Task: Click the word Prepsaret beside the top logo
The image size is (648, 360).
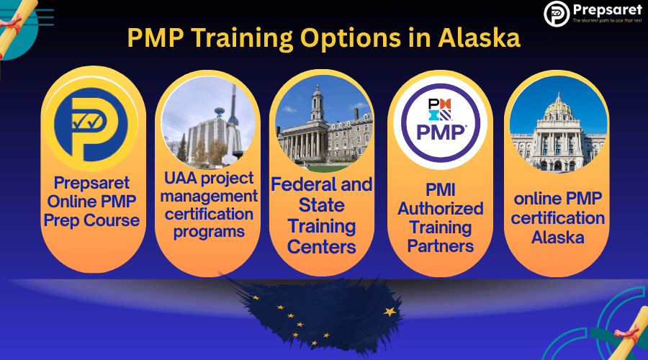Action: tap(603, 10)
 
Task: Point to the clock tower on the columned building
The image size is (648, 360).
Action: tap(318, 104)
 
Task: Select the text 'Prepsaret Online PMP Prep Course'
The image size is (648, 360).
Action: tap(91, 202)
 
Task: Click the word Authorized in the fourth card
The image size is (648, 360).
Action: tap(440, 210)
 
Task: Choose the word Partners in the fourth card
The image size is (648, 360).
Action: tap(440, 246)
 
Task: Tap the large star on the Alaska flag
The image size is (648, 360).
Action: tap(390, 312)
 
